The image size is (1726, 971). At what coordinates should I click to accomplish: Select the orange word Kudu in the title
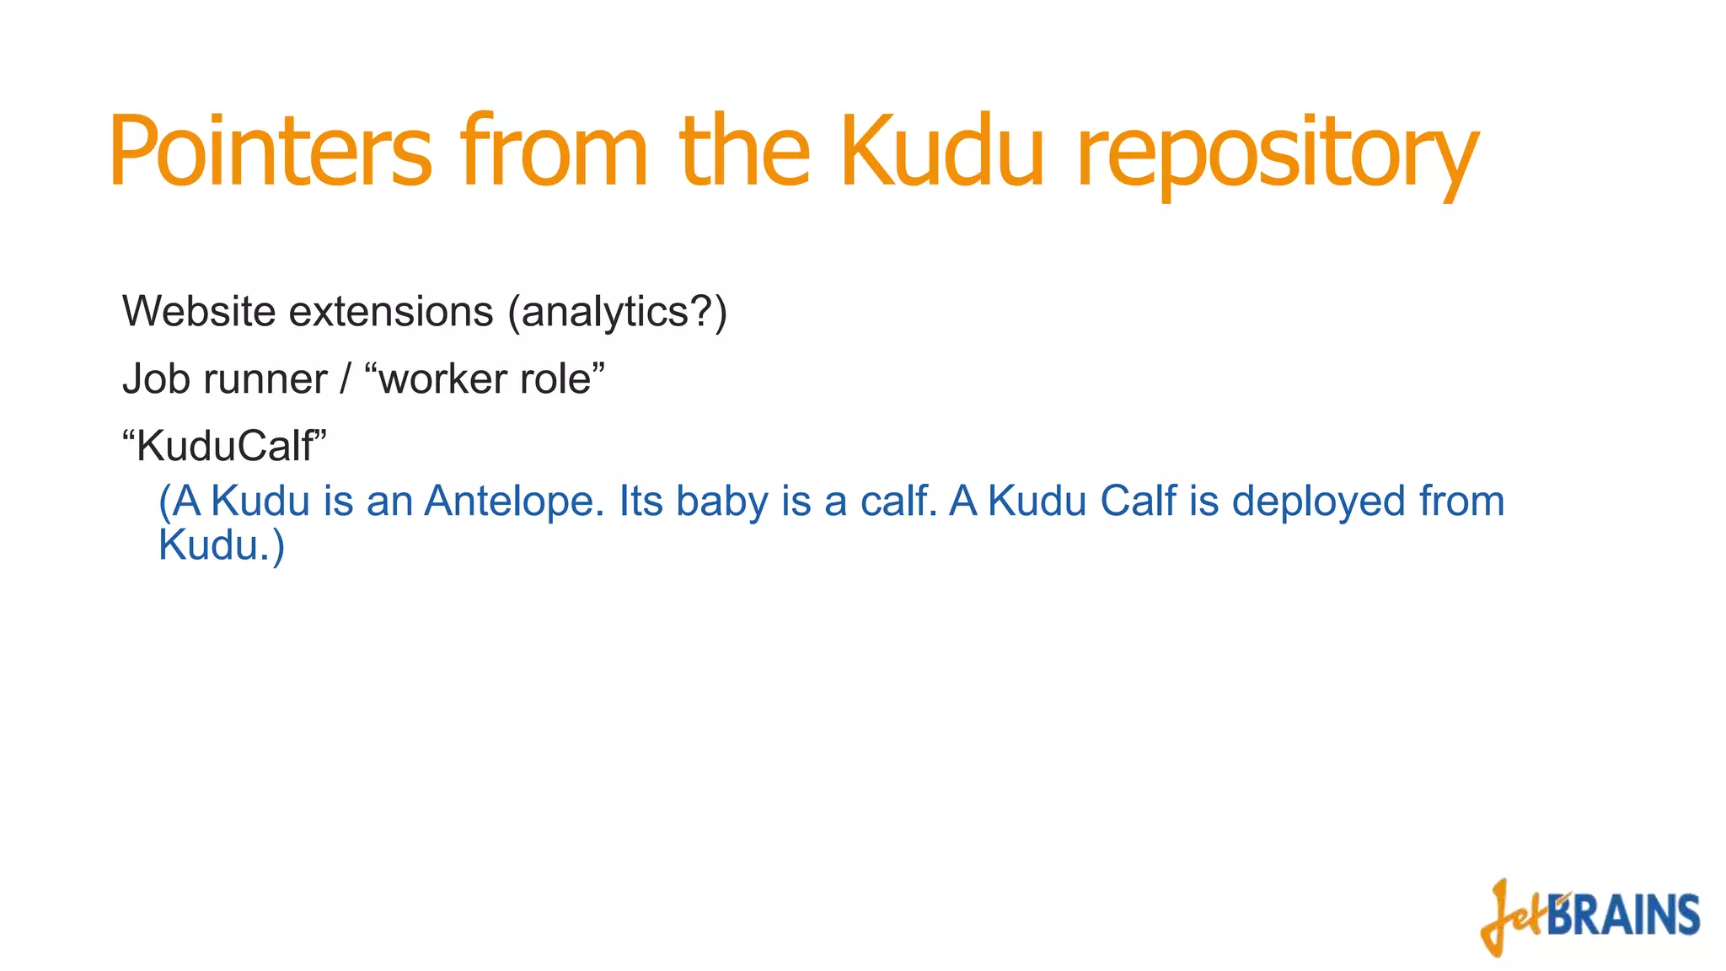click(x=942, y=152)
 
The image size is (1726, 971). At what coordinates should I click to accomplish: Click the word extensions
click(x=391, y=311)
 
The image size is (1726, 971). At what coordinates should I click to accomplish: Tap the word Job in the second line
click(x=156, y=378)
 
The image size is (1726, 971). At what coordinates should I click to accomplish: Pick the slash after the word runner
click(x=345, y=378)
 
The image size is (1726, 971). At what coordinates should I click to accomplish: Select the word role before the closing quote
click(x=555, y=378)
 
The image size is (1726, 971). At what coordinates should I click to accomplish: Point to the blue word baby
click(x=721, y=501)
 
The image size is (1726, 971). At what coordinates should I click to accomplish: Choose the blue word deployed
click(x=1319, y=501)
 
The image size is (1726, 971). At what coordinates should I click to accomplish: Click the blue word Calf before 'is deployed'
click(x=1138, y=501)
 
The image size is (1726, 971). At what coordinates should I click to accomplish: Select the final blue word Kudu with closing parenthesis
click(x=222, y=545)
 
